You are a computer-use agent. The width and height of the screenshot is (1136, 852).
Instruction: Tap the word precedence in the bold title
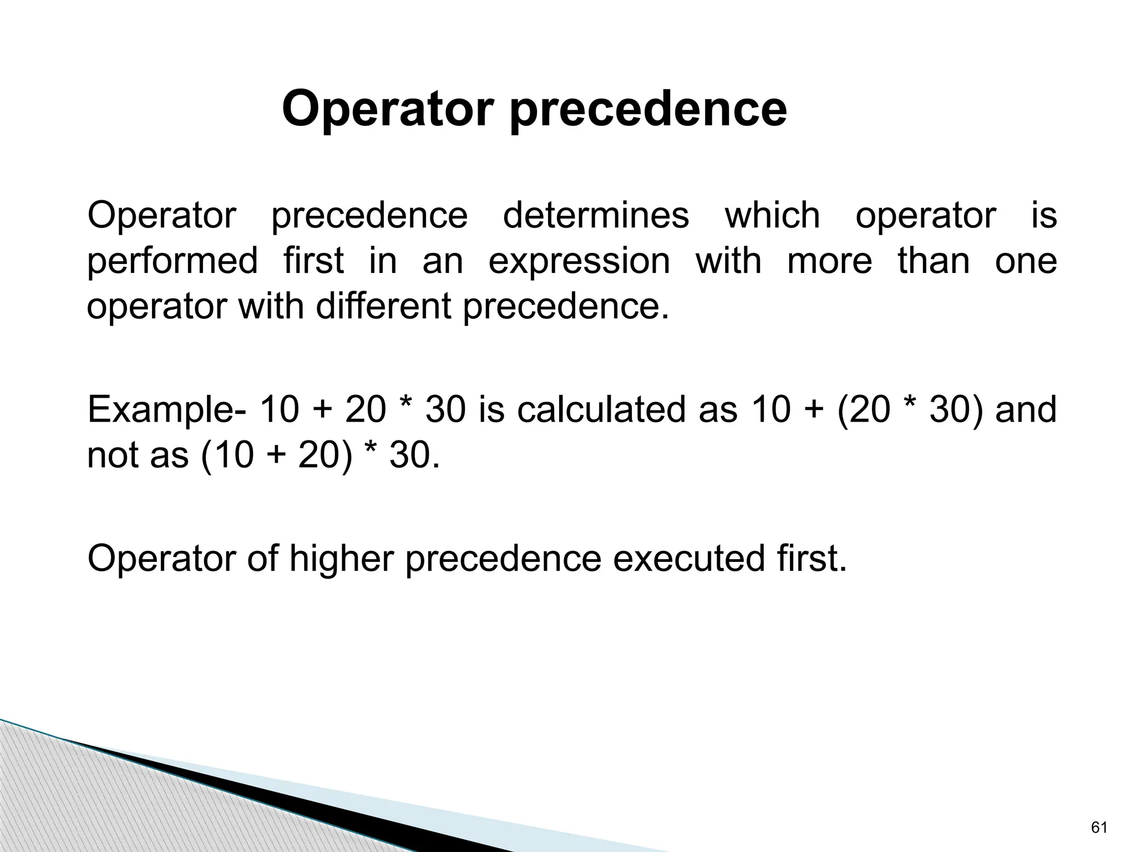648,111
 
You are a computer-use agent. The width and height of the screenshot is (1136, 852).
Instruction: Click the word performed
173,262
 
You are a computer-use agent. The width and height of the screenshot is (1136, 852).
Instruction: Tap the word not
113,456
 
